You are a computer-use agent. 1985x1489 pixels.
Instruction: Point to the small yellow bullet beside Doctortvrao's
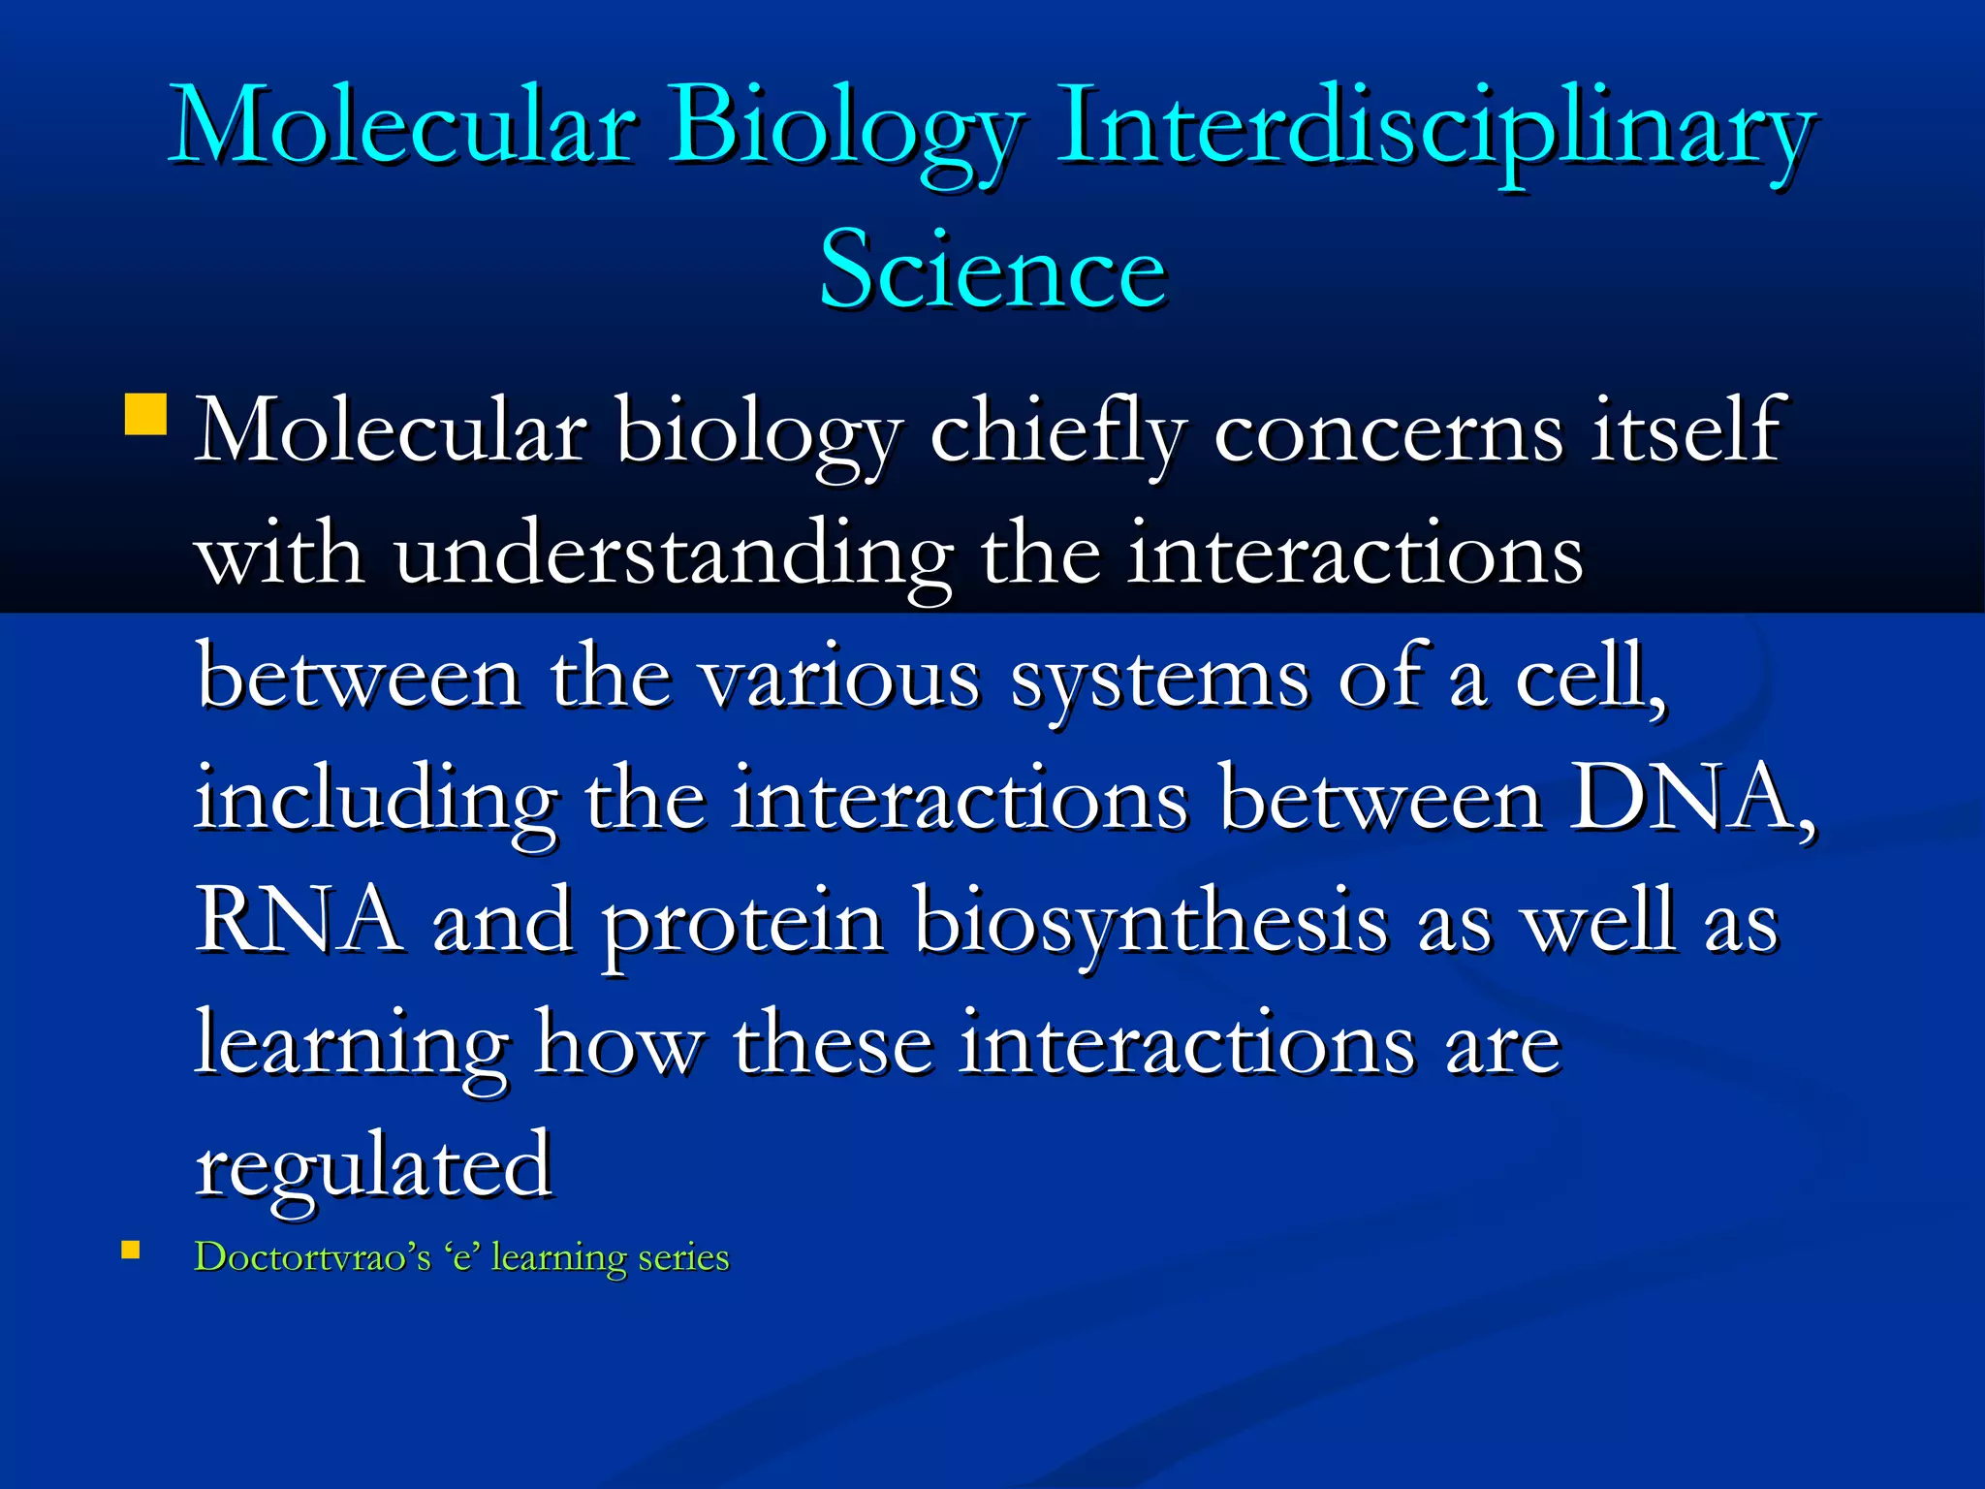pyautogui.click(x=131, y=1251)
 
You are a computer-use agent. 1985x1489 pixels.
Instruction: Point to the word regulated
pyautogui.click(x=374, y=1168)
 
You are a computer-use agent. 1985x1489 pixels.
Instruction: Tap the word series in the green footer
pyautogui.click(x=683, y=1257)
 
